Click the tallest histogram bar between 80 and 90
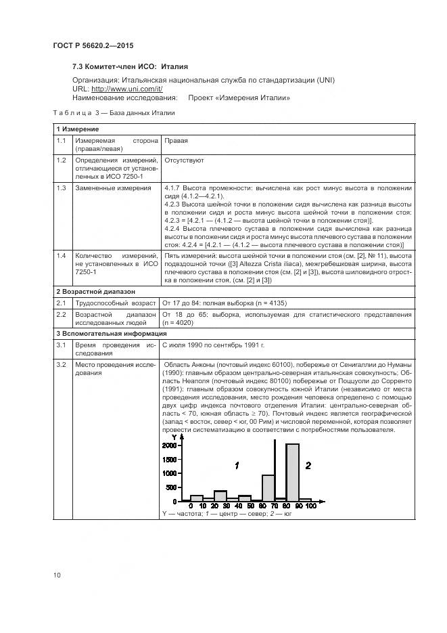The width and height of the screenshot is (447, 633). (292, 472)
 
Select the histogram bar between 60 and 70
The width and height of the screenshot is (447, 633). (268, 487)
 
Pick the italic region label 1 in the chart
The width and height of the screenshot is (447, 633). (237, 466)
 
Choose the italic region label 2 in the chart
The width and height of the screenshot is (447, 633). (308, 465)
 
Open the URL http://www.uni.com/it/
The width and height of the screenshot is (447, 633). (126, 89)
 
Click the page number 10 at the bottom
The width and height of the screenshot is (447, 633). (57, 575)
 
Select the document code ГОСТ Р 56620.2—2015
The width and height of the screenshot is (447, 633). (93, 45)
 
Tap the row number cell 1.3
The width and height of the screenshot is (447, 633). (62, 188)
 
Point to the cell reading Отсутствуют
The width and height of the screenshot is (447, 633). (183, 160)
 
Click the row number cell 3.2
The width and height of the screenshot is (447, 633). (62, 365)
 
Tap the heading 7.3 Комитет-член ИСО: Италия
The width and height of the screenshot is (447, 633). (130, 67)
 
